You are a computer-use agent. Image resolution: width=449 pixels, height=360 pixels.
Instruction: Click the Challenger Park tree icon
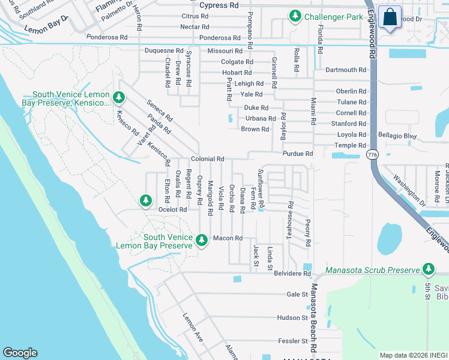click(295, 16)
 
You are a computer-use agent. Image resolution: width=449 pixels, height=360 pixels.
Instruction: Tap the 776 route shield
click(371, 155)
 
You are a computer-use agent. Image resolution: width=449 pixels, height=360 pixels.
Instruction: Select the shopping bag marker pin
click(390, 19)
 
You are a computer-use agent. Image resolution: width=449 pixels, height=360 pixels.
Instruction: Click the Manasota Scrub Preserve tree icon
click(428, 269)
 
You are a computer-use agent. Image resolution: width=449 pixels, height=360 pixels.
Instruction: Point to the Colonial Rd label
click(208, 159)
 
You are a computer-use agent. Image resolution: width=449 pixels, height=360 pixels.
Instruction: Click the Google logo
click(20, 353)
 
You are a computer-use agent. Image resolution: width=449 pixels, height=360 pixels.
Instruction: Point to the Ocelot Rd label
click(173, 209)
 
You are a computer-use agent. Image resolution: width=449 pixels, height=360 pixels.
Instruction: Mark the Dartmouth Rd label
click(345, 70)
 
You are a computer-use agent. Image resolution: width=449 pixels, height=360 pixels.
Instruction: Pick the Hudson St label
click(292, 317)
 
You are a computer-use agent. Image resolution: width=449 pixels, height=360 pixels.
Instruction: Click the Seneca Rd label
click(160, 110)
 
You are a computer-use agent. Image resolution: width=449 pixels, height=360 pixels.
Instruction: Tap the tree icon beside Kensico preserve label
click(119, 97)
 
